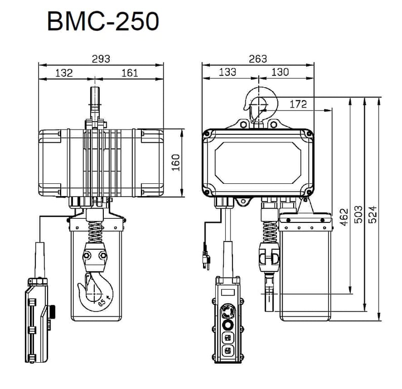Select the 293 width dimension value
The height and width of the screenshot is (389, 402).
tap(101, 59)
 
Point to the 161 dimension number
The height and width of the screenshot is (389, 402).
tap(129, 73)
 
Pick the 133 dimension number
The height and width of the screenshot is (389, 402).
tap(227, 72)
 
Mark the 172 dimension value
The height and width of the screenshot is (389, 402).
tap(298, 104)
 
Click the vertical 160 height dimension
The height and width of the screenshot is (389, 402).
tap(175, 163)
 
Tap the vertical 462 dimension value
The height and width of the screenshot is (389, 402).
tap(344, 217)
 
